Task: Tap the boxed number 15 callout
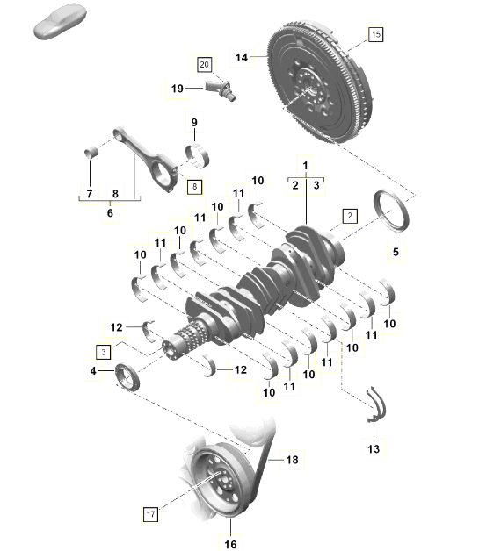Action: click(x=376, y=35)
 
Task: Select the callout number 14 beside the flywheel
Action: click(x=242, y=58)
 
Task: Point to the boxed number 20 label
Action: click(x=204, y=64)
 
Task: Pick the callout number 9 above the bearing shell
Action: click(x=193, y=122)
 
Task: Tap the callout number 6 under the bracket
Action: click(x=110, y=211)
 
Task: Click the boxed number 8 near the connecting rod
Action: click(x=194, y=186)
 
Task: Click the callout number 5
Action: click(x=395, y=252)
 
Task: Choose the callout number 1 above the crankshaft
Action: click(x=306, y=166)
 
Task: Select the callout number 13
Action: click(x=374, y=449)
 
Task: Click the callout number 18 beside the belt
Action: click(x=292, y=459)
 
